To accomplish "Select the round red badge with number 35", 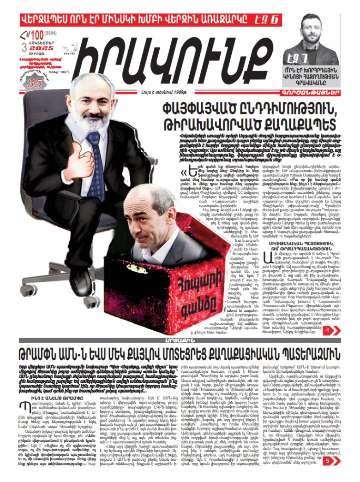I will (33, 83).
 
